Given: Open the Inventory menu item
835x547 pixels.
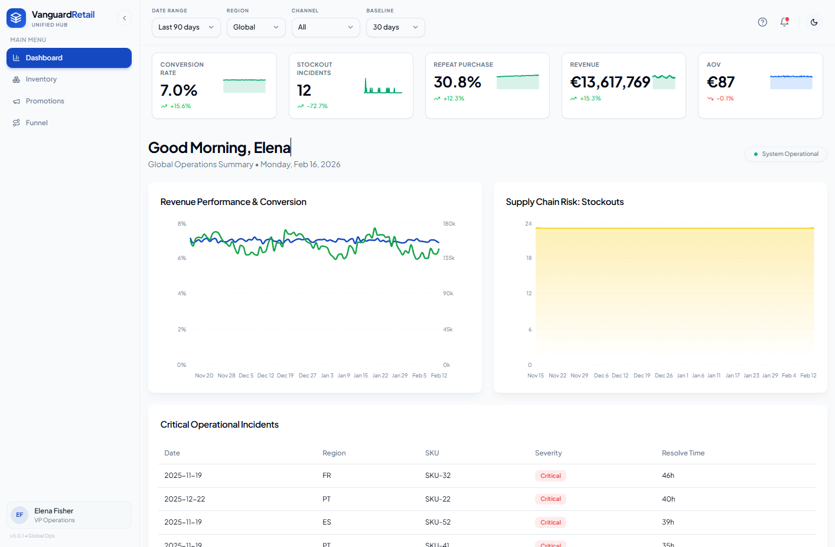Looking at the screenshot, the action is click(x=41, y=79).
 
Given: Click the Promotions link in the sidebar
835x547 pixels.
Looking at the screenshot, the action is click(x=45, y=100).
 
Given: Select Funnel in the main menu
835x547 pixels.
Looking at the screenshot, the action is click(x=37, y=123).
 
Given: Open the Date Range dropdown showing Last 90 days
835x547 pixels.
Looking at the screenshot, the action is click(x=186, y=27).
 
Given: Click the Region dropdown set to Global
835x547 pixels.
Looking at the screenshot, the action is click(x=256, y=27).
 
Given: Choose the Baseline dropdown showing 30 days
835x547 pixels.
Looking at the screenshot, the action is click(x=395, y=27).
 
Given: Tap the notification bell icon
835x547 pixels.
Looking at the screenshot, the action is click(x=784, y=22).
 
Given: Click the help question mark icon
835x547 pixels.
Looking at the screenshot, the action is click(x=762, y=22).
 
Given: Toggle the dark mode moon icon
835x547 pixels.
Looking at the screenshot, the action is click(x=814, y=22).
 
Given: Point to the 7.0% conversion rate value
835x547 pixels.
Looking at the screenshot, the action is click(x=178, y=90).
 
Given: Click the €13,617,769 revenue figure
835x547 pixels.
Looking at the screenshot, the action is click(x=610, y=82).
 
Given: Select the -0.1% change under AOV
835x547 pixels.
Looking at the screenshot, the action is click(x=725, y=99).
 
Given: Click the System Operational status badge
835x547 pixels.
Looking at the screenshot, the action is click(x=786, y=154).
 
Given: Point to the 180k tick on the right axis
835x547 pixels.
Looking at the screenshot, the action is click(x=449, y=224).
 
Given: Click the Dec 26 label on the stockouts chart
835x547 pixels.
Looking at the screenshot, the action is click(x=664, y=376).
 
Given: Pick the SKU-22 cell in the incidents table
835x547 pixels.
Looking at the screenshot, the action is click(x=438, y=499).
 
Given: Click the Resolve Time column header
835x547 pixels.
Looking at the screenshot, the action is click(x=683, y=452).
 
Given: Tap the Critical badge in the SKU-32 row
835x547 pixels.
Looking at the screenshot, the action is click(x=550, y=476).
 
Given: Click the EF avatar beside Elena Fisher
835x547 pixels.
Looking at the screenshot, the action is click(x=19, y=515).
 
